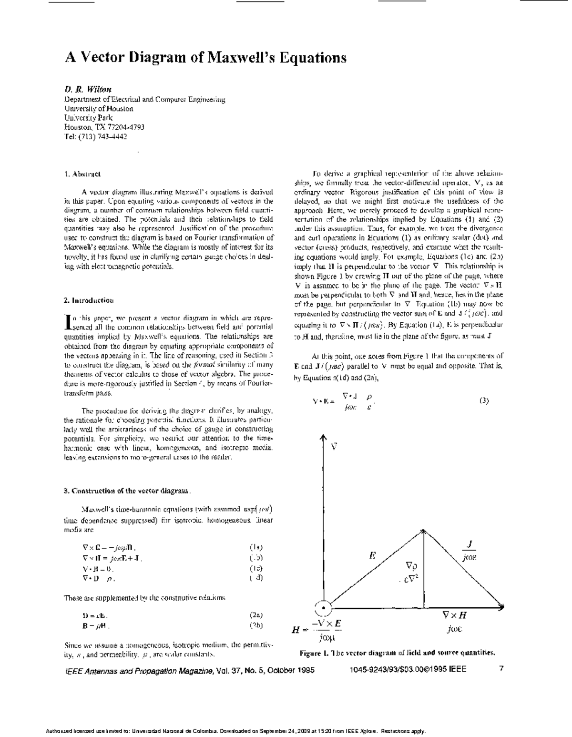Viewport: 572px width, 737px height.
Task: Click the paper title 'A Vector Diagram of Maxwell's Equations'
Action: (205, 58)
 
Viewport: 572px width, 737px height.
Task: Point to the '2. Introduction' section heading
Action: (89, 300)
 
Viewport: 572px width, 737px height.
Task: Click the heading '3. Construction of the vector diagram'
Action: (127, 491)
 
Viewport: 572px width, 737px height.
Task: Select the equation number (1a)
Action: (256, 547)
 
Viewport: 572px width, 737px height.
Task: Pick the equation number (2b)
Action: (256, 625)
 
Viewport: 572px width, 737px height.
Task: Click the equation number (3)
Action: (483, 401)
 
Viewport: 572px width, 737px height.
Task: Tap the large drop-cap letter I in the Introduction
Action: (67, 322)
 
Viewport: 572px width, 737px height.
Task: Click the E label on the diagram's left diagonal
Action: (373, 555)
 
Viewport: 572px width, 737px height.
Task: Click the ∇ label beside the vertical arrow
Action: (334, 447)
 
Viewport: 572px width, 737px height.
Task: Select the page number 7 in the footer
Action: (501, 669)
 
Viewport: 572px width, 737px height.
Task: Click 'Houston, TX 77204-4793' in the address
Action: (104, 127)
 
